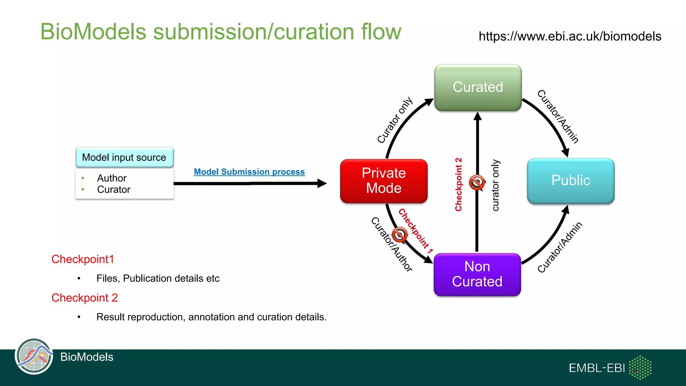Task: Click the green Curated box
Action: click(478, 87)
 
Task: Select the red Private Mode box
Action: click(384, 181)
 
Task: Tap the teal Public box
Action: click(570, 181)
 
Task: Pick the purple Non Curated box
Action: click(477, 274)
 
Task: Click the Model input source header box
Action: click(124, 157)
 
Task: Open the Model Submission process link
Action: click(249, 172)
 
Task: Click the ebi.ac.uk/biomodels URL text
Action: click(570, 36)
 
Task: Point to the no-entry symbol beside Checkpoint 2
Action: click(477, 183)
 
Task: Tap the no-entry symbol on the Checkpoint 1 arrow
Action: click(400, 235)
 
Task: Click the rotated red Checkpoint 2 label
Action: click(458, 184)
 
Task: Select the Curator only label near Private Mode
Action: click(395, 120)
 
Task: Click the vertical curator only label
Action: click(495, 185)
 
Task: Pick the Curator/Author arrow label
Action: click(391, 244)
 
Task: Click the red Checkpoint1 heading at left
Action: click(83, 259)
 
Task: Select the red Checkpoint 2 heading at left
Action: click(84, 298)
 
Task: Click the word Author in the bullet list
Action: click(112, 178)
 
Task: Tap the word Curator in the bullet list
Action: click(114, 190)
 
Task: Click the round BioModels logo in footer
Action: click(34, 356)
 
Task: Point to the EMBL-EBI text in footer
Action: click(597, 368)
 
